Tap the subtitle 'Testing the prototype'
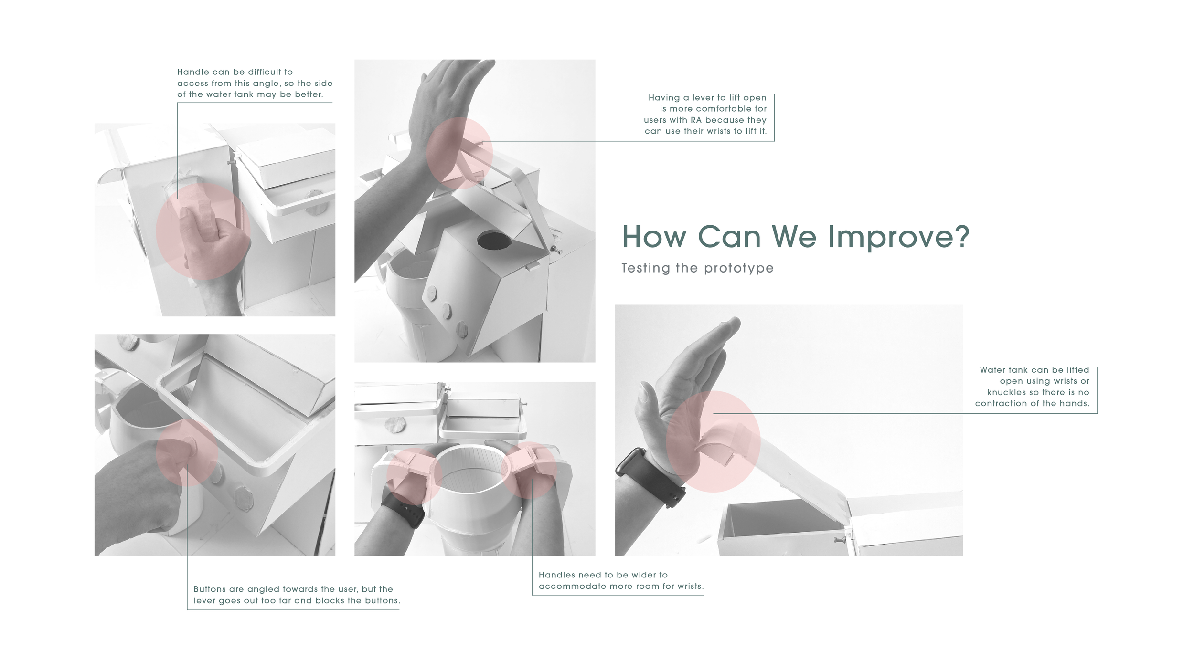click(x=697, y=268)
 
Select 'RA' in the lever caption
click(x=696, y=120)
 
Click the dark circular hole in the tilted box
click(x=494, y=241)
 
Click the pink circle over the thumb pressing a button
click(x=187, y=452)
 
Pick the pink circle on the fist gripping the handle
click(x=203, y=231)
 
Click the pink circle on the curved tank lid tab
click(x=713, y=441)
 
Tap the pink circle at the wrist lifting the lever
click(x=459, y=151)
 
